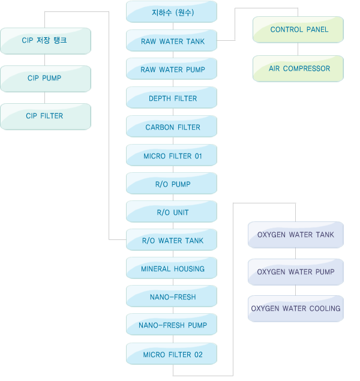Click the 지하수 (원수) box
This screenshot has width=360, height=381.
(x=172, y=11)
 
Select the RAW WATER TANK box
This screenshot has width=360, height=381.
(x=172, y=41)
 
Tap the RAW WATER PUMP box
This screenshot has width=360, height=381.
(x=172, y=69)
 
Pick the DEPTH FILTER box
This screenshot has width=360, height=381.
(x=172, y=97)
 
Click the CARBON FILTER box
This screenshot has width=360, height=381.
(x=172, y=127)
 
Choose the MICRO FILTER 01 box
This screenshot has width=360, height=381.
(x=172, y=155)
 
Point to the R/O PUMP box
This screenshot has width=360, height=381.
(x=172, y=183)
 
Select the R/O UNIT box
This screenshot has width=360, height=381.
(x=172, y=211)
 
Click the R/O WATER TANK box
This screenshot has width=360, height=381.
(x=172, y=239)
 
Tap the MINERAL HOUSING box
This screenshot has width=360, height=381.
(x=172, y=268)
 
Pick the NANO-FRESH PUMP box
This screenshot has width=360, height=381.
(x=172, y=324)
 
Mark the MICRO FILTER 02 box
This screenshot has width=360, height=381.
(x=172, y=353)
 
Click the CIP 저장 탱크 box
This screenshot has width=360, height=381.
(x=46, y=41)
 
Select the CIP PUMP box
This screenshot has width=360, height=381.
(x=46, y=79)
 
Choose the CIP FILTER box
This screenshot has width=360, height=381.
(x=46, y=116)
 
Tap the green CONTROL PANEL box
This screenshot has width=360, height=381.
(x=298, y=29)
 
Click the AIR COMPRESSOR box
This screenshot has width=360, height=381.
(x=298, y=68)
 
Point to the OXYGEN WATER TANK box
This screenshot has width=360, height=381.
(x=296, y=235)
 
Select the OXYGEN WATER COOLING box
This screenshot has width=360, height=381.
(x=296, y=308)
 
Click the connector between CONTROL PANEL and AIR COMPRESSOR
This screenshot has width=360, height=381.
(x=298, y=49)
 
